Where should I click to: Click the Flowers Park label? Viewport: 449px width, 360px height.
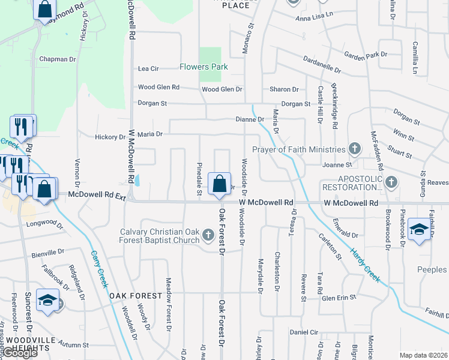tap(203, 67)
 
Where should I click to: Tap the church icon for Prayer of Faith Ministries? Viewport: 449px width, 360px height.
tap(355, 149)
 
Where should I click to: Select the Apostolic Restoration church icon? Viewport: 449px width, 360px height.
tap(391, 181)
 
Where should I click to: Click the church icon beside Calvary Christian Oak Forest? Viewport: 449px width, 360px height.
tap(208, 234)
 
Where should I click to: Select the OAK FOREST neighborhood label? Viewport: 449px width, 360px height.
tap(135, 296)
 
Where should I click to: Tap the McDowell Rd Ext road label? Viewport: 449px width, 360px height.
tap(88, 194)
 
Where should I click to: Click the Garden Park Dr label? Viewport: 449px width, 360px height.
tap(367, 55)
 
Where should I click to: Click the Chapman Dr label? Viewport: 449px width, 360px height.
tap(58, 59)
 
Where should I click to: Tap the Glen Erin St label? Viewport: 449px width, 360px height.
tap(339, 297)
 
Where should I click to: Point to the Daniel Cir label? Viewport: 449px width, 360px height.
tap(304, 332)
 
